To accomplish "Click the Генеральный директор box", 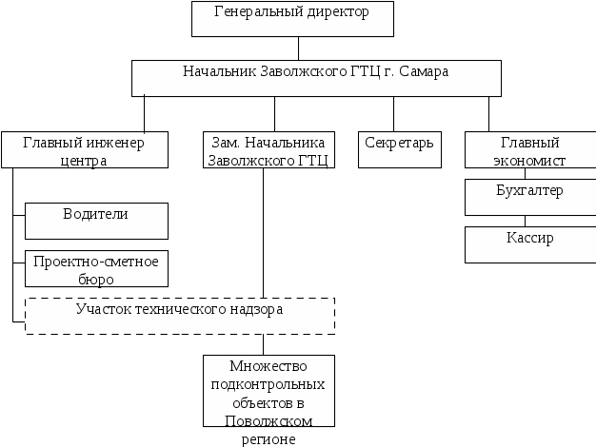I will pyautogui.click(x=292, y=19).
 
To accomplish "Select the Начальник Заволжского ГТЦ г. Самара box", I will pyautogui.click(x=316, y=78).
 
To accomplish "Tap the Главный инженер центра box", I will pyautogui.click(x=85, y=150).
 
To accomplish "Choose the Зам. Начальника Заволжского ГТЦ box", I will pyautogui.click(x=268, y=150).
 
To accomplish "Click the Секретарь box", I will pyautogui.click(x=400, y=150).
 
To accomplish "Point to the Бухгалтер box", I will pyautogui.click(x=529, y=197).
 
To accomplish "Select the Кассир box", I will pyautogui.click(x=529, y=244).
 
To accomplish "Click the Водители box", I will pyautogui.click(x=96, y=221).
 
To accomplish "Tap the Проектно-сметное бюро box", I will pyautogui.click(x=96, y=268).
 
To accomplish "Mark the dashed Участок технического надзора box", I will pyautogui.click(x=179, y=316).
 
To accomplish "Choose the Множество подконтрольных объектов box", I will pyautogui.click(x=268, y=391).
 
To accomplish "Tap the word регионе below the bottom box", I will pyautogui.click(x=268, y=439).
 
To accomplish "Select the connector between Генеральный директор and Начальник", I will pyautogui.click(x=299, y=49).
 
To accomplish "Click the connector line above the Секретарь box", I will pyautogui.click(x=394, y=113).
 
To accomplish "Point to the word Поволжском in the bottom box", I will pyautogui.click(x=268, y=418).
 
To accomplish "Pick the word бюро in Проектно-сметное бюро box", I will pyautogui.click(x=97, y=279).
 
